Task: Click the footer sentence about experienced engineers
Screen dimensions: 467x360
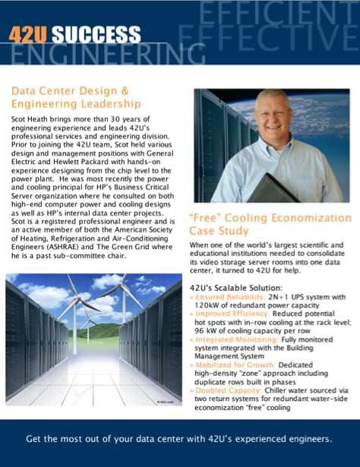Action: pyautogui.click(x=179, y=439)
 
